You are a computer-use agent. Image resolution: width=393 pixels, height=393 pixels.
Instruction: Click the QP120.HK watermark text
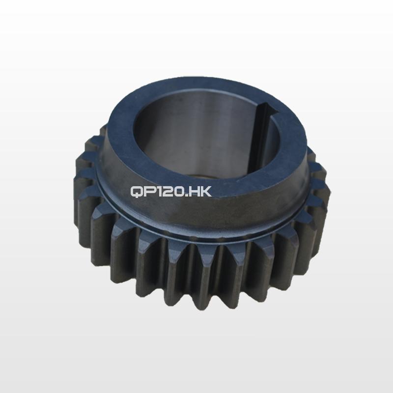pyautogui.click(x=171, y=192)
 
